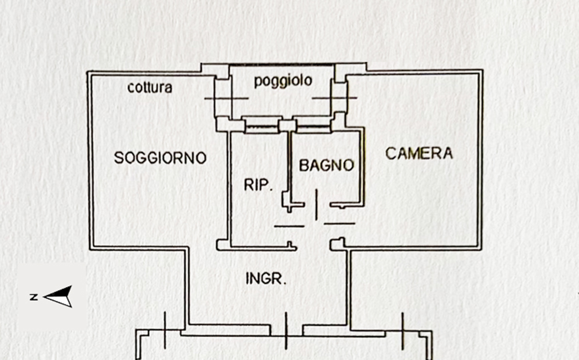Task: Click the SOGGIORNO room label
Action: (x=160, y=158)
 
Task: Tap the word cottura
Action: (x=150, y=88)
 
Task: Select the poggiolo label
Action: (x=283, y=81)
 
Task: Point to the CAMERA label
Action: (x=419, y=153)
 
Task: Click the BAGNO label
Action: (x=327, y=166)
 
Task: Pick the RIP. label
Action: (x=258, y=185)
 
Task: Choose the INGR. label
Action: (x=266, y=278)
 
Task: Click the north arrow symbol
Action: (x=58, y=296)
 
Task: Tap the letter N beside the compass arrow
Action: (x=34, y=297)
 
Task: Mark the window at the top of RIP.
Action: (x=262, y=127)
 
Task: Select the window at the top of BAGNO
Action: (x=314, y=127)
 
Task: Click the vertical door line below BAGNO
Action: (x=317, y=205)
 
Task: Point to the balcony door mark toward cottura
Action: (x=226, y=98)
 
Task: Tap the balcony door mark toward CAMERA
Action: (x=335, y=98)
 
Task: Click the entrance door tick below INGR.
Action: (x=286, y=331)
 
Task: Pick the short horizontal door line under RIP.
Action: (x=289, y=226)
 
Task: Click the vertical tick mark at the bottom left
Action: (x=165, y=330)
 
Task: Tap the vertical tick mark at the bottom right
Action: (x=402, y=331)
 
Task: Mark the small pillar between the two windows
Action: (x=288, y=125)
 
